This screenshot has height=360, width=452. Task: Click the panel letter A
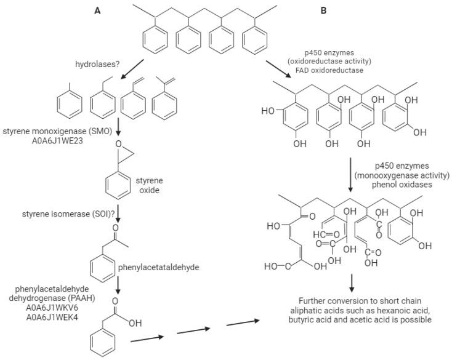[x=97, y=10]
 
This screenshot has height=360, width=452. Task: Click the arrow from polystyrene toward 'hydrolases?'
[x=134, y=71]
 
